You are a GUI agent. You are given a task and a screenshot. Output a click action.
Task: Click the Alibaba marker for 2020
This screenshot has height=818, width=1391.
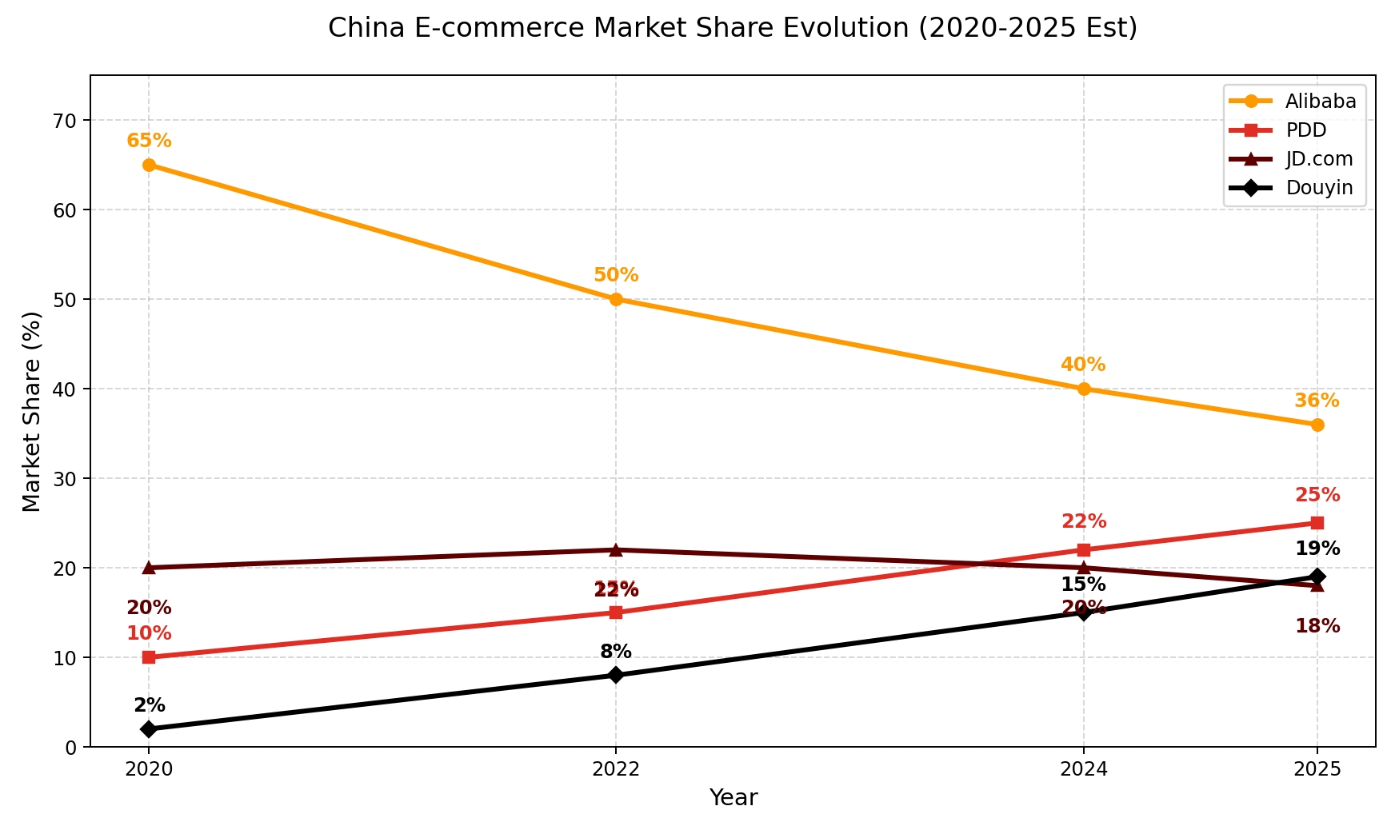click(149, 166)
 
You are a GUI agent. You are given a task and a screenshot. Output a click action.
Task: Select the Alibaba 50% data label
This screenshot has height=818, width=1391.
click(616, 276)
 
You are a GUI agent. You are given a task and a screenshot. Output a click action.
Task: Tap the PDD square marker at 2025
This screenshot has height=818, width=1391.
click(1317, 523)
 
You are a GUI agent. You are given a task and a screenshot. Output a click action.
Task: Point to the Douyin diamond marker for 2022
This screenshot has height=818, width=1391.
click(616, 675)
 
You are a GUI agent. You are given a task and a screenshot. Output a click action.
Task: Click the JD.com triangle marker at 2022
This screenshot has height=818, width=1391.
click(616, 550)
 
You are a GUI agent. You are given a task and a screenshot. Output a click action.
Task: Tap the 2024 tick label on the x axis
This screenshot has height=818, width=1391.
click(1083, 770)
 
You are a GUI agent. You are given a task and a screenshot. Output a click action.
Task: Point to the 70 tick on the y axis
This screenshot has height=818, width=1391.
click(65, 121)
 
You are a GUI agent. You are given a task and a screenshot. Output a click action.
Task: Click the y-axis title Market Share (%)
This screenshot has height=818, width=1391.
click(32, 411)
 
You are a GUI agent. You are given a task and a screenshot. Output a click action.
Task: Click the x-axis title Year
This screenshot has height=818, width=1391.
click(733, 798)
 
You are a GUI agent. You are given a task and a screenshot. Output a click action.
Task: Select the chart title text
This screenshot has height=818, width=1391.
click(733, 29)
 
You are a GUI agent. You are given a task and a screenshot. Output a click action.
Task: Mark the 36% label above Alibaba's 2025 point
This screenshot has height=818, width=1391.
click(1317, 401)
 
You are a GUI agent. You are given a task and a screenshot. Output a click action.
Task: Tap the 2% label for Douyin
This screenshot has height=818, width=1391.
click(150, 706)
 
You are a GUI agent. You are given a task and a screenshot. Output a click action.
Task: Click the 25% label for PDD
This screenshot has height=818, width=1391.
click(1317, 496)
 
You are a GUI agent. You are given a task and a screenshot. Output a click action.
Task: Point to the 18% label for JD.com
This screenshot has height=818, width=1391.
click(1317, 627)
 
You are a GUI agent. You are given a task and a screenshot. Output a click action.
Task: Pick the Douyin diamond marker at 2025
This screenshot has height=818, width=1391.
click(1317, 577)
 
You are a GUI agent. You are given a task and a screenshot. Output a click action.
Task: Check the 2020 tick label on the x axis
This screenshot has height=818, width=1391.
click(149, 770)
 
